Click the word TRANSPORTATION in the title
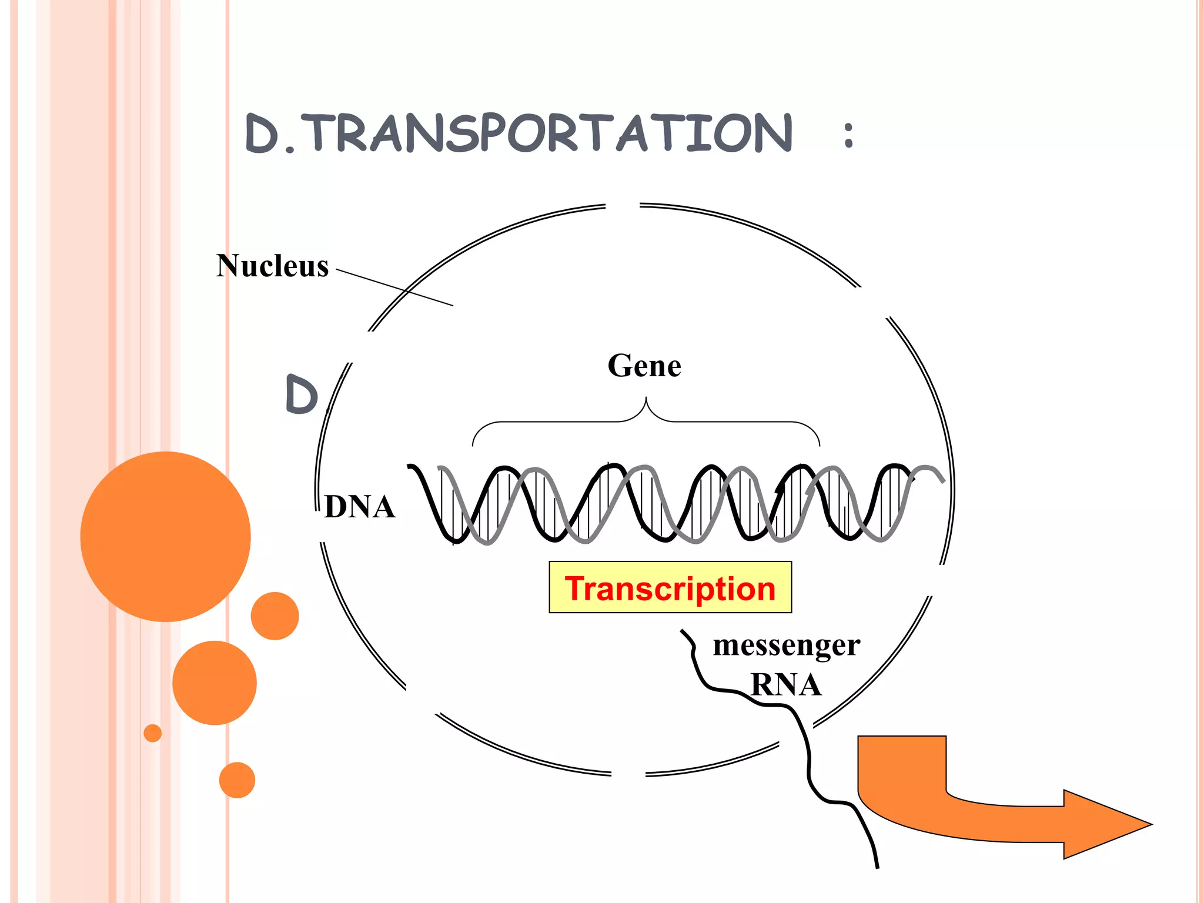coord(550,133)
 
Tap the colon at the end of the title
coord(848,135)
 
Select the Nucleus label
coord(272,266)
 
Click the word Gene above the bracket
coord(644,366)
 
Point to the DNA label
coord(360,507)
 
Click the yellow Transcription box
coord(670,587)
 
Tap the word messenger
coord(786,646)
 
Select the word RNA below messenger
coord(786,684)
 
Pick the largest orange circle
coord(166,536)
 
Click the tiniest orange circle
coord(152,733)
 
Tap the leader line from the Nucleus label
coord(394,287)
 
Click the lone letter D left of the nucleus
coord(301,394)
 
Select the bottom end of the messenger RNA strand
coord(877,867)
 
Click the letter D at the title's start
coord(262,134)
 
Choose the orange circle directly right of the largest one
coord(275,616)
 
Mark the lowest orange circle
coord(237,780)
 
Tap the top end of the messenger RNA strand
coord(683,631)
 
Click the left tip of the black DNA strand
coord(409,467)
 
